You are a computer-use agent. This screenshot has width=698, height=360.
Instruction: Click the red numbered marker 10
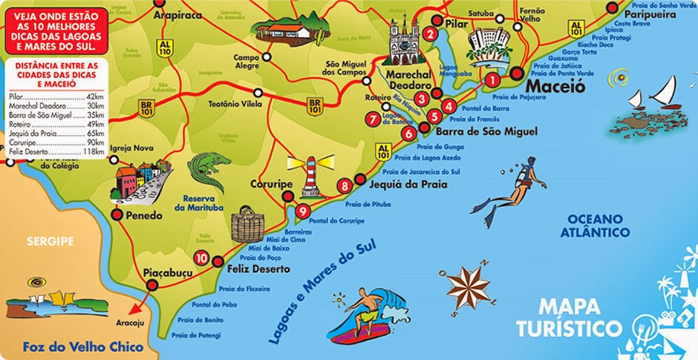200,258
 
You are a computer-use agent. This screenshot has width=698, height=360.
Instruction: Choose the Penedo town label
140,216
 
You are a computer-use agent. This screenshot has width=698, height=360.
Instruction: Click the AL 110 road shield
166,49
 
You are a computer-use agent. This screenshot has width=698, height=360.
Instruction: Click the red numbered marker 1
492,79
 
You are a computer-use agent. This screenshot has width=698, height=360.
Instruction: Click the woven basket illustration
247,225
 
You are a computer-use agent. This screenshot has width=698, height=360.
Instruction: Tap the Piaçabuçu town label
167,274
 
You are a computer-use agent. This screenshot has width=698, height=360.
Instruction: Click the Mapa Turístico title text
570,317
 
